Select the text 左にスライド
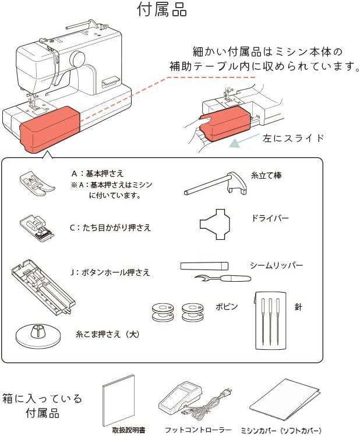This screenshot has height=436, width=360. coord(294,139)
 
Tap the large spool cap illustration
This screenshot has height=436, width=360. coord(37,335)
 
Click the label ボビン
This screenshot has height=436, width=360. coord(227,306)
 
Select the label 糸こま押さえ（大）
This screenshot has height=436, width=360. coord(107,335)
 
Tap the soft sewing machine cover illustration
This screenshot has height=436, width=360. coord(285,402)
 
